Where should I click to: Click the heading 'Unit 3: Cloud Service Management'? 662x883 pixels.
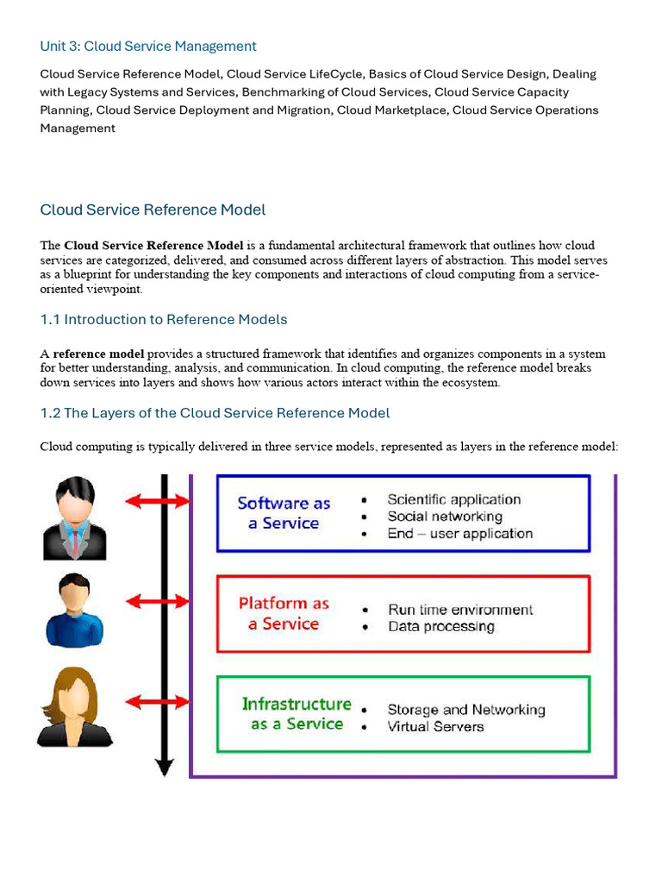[148, 46]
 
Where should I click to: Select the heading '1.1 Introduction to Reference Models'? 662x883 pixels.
[164, 319]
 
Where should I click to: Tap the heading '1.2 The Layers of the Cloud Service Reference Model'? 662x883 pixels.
[215, 413]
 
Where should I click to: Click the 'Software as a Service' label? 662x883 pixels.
[284, 513]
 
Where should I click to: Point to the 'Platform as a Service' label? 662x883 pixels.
[284, 613]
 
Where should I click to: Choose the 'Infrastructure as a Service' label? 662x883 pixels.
[297, 714]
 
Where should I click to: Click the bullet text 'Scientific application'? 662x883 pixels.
[453, 499]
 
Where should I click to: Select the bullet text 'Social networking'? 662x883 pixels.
[444, 517]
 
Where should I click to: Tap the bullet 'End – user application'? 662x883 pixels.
[459, 534]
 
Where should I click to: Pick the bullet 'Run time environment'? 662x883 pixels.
[460, 610]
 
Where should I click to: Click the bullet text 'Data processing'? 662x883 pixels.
[440, 627]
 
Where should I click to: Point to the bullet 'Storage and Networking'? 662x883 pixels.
[465, 710]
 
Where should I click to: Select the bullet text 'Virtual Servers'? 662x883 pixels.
[435, 727]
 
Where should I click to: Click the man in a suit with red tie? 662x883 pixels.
[75, 519]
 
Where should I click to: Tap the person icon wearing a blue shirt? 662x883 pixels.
[75, 611]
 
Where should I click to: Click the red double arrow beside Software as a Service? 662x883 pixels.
[157, 501]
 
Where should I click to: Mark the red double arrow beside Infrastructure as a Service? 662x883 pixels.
[157, 702]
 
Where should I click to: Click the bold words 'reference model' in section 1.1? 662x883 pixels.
[98, 354]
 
